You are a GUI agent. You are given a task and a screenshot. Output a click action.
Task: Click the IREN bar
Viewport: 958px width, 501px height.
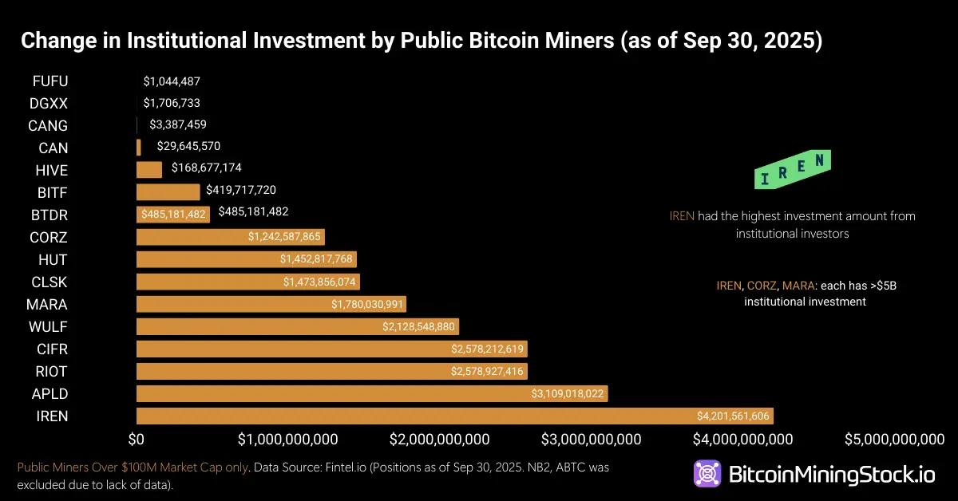pos(454,416)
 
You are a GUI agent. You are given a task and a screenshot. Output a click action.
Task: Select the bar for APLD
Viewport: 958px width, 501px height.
pos(372,393)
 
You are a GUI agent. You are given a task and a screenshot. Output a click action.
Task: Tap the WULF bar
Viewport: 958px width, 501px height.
pos(297,326)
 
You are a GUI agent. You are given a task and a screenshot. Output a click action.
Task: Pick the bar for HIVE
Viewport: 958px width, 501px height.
pos(149,170)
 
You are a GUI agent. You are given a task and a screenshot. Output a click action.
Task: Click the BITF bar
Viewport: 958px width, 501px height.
pos(168,192)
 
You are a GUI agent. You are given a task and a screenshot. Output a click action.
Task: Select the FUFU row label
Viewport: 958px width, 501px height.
pos(50,81)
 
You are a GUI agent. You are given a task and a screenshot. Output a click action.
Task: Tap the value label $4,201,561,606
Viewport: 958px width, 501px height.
pos(733,416)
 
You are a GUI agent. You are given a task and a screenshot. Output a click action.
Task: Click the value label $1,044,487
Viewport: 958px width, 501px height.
pos(172,81)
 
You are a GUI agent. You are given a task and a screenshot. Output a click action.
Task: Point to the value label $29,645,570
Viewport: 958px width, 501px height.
pos(184,147)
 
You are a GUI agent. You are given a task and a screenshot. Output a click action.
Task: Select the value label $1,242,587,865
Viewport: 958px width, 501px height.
pos(284,237)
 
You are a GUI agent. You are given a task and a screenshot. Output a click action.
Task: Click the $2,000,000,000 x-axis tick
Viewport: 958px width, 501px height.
pos(439,440)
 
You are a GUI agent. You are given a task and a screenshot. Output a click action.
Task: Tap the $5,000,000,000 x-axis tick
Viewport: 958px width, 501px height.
pos(896,440)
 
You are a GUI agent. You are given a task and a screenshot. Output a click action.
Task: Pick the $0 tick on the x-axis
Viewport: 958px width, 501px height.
pos(137,440)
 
